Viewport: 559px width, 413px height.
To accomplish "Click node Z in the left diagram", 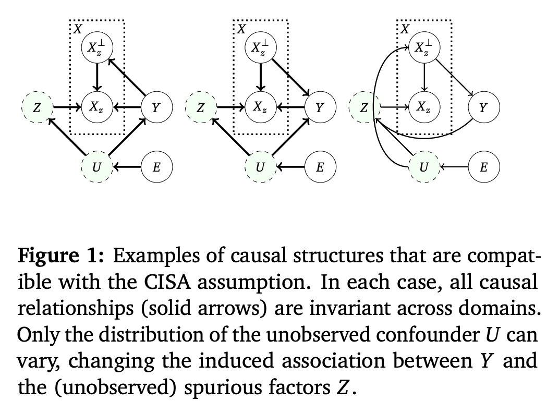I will pos(37,108).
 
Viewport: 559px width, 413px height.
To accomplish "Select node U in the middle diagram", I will pos(260,167).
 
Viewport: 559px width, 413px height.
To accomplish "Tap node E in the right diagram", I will pos(483,167).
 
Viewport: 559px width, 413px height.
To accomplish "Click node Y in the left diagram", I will pos(156,108).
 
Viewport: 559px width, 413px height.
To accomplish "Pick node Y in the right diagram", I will pos(483,108).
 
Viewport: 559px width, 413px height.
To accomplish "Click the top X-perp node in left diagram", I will pos(96,48).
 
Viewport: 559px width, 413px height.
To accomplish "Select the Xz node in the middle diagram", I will pos(260,108).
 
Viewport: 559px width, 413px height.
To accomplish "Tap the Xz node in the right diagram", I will pos(424,108).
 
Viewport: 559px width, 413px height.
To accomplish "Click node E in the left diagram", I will pos(156,167).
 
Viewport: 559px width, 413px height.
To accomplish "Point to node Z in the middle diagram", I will pos(200,108).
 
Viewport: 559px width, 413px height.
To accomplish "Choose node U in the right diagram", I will pos(424,167).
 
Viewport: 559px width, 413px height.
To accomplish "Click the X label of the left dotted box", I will pos(77,29).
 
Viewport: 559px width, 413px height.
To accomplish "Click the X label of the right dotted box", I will pos(404,29).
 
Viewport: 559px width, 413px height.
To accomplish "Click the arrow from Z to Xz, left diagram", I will pos(66,108).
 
